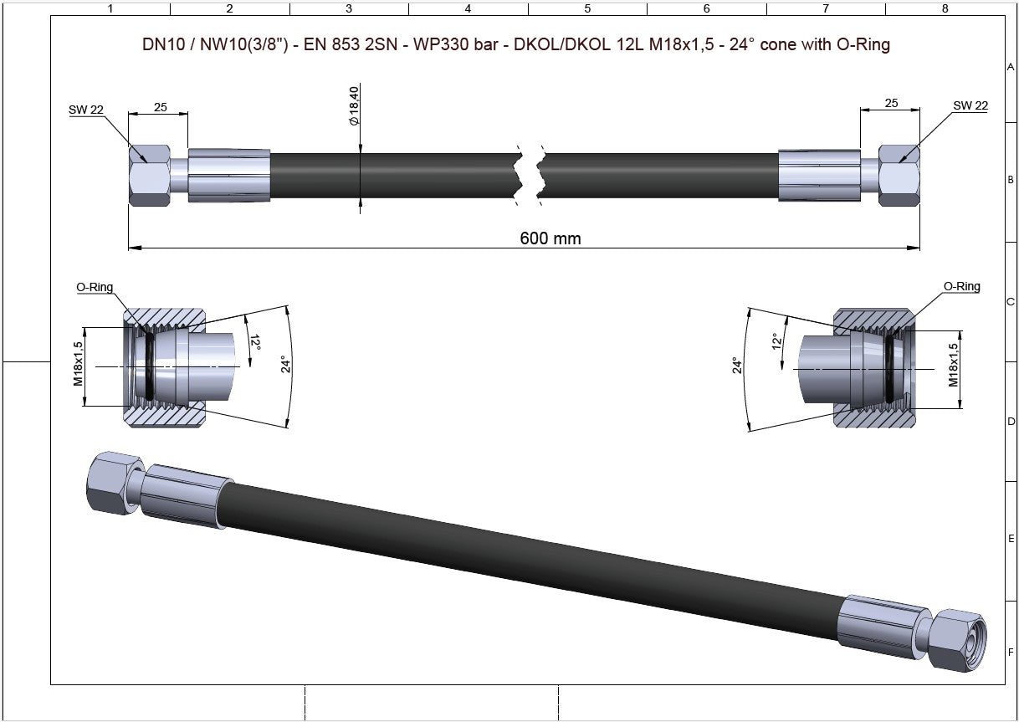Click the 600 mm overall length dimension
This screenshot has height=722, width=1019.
point(550,238)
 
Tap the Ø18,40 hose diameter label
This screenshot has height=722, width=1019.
point(354,106)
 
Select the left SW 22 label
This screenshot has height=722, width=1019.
point(86,108)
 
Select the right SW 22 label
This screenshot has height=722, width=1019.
point(970,105)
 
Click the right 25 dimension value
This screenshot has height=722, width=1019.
point(890,103)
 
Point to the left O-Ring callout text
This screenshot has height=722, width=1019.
point(95,287)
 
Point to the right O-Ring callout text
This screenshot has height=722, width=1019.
point(961,286)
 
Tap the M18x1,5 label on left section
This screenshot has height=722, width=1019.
point(79,363)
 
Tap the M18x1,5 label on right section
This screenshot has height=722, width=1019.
point(953,365)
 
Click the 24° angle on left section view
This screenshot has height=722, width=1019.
point(284,365)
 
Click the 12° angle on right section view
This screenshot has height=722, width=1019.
point(776,341)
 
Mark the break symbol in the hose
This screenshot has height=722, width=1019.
point(529,175)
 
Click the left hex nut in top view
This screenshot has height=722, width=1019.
point(149,175)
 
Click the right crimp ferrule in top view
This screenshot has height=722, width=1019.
point(819,175)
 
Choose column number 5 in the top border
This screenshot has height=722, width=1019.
point(586,8)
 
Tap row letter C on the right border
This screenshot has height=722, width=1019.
point(1011,302)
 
